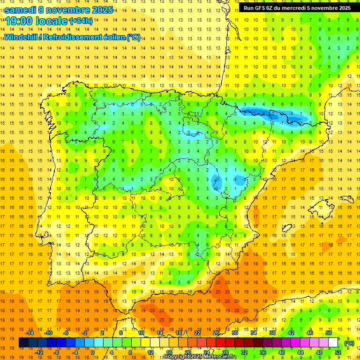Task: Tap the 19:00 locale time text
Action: [x=36, y=21]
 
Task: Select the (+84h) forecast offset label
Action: [x=81, y=21]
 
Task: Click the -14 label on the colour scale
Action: [x=30, y=333]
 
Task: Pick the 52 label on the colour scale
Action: [x=338, y=352]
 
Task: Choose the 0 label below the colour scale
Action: [x=93, y=352]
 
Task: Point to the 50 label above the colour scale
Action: [x=329, y=333]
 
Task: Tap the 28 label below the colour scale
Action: [x=225, y=352]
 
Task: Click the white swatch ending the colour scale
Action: [x=333, y=343]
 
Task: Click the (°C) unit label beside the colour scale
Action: [x=349, y=343]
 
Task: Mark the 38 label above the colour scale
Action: [x=272, y=333]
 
